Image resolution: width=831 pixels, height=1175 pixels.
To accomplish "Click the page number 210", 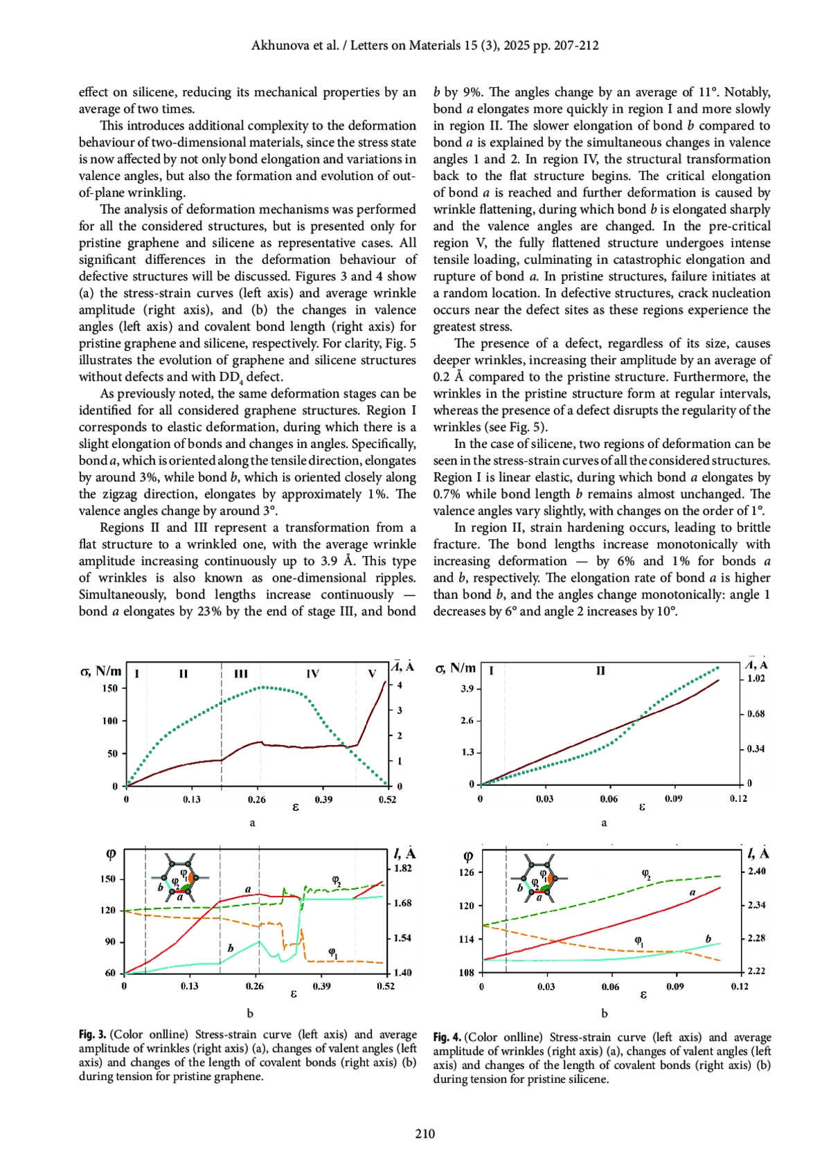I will pyautogui.click(x=425, y=1133).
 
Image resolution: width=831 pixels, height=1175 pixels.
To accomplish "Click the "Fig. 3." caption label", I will pyautogui.click(x=93, y=1034).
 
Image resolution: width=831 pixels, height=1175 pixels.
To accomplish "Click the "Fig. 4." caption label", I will pyautogui.click(x=447, y=1037).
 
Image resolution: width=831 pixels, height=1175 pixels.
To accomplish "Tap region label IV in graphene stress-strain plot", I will pyautogui.click(x=312, y=674).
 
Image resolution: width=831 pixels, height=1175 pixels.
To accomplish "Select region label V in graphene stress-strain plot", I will pyautogui.click(x=372, y=674).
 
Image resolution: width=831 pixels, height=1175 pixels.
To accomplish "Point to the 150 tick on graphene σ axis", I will pyautogui.click(x=110, y=688).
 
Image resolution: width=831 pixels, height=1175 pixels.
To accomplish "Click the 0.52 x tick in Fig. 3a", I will pyautogui.click(x=387, y=800).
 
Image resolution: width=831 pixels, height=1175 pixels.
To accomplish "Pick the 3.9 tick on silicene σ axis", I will pyautogui.click(x=467, y=689).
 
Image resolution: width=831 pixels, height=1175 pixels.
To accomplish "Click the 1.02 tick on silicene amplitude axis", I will pyautogui.click(x=756, y=679).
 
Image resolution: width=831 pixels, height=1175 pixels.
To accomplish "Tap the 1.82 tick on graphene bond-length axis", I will pyautogui.click(x=402, y=868).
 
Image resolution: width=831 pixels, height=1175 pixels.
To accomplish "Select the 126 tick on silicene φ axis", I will pyautogui.click(x=467, y=872).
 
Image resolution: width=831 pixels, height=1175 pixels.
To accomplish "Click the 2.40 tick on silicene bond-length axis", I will pyautogui.click(x=757, y=871).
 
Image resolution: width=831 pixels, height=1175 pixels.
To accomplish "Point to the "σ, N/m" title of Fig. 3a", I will pyautogui.click(x=101, y=670).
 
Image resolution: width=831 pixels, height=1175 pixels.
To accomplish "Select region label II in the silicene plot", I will pyautogui.click(x=600, y=671).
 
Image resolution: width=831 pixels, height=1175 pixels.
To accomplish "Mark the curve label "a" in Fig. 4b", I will pyautogui.click(x=692, y=893).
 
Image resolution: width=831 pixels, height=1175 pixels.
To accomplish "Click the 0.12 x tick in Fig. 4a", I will pyautogui.click(x=738, y=799).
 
